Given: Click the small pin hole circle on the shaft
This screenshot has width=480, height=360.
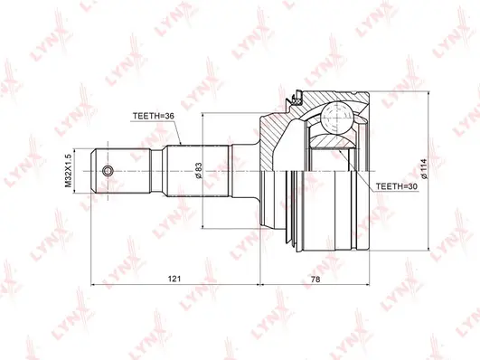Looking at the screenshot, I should pos(108,171).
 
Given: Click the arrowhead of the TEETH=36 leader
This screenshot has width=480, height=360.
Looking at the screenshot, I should pos(182,144).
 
